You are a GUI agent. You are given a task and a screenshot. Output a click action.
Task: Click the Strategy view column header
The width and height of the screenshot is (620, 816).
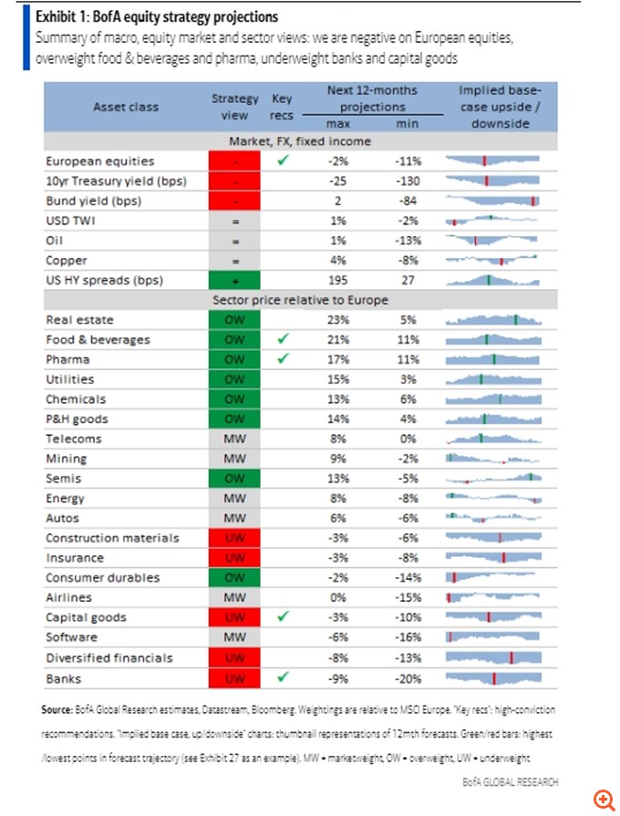229,107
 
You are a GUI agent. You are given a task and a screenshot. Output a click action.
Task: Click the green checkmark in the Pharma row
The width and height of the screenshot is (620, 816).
283,358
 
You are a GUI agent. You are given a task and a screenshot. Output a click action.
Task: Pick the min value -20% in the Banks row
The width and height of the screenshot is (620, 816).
408,677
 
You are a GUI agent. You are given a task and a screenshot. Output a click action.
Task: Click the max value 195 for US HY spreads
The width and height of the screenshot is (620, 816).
337,280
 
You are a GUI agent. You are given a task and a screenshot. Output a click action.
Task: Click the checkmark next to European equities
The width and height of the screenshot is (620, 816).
283,160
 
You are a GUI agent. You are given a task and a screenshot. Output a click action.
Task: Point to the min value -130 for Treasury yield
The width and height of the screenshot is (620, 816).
408,181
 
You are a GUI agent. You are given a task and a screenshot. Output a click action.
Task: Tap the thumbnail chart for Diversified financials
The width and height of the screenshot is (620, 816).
493,657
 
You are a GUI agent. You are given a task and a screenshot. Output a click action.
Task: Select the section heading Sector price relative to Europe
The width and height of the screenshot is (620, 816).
300,299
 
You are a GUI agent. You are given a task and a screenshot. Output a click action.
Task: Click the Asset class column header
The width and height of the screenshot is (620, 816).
125,107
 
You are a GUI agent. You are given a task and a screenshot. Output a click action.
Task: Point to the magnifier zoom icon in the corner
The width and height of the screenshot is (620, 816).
603,800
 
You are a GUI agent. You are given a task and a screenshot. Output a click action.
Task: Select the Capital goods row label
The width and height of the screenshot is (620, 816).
87,617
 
